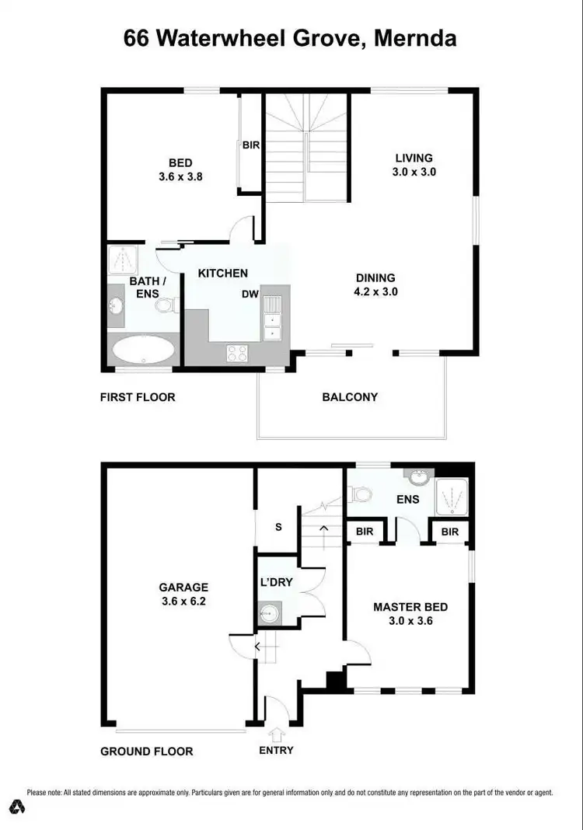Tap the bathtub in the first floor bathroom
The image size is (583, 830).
tap(144, 350)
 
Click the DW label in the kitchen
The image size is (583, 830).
tap(250, 295)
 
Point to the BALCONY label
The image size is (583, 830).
tap(350, 397)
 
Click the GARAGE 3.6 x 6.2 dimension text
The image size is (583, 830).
tap(184, 601)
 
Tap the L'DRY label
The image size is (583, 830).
tap(276, 582)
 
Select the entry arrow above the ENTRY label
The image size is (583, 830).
tap(276, 733)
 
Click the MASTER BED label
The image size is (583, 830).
tap(410, 607)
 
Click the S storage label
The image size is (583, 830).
tap(278, 527)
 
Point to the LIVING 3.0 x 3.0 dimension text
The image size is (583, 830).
tap(414, 172)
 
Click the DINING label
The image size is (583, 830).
tap(375, 277)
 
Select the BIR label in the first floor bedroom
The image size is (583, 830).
tap(250, 145)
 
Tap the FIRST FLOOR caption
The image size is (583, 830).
tap(138, 397)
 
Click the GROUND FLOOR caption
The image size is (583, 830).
tap(146, 752)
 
